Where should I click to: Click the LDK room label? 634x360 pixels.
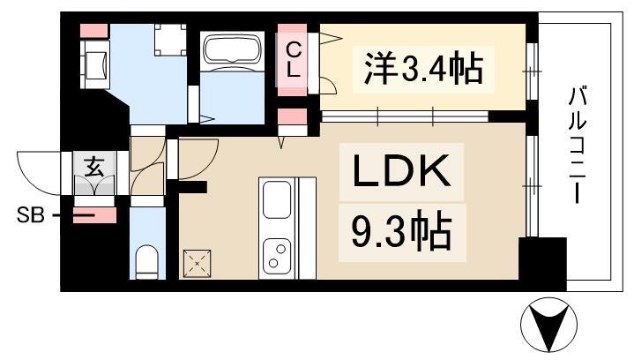pos(403,173)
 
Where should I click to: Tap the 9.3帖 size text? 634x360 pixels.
pos(401,232)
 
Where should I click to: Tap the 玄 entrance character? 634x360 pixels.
pos(93,163)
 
